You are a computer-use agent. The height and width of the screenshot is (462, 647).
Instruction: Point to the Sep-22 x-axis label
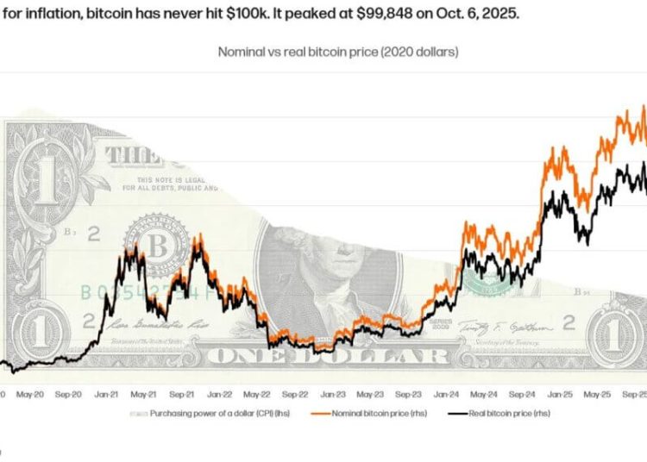coord(292,396)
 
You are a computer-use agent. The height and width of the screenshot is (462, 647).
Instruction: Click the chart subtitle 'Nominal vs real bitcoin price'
coord(337,52)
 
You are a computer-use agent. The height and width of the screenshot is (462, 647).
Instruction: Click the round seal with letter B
coord(158,247)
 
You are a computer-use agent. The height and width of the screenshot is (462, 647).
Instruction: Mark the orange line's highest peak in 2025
coord(644,106)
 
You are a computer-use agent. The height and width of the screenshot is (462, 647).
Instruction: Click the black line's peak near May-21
coord(130,247)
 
